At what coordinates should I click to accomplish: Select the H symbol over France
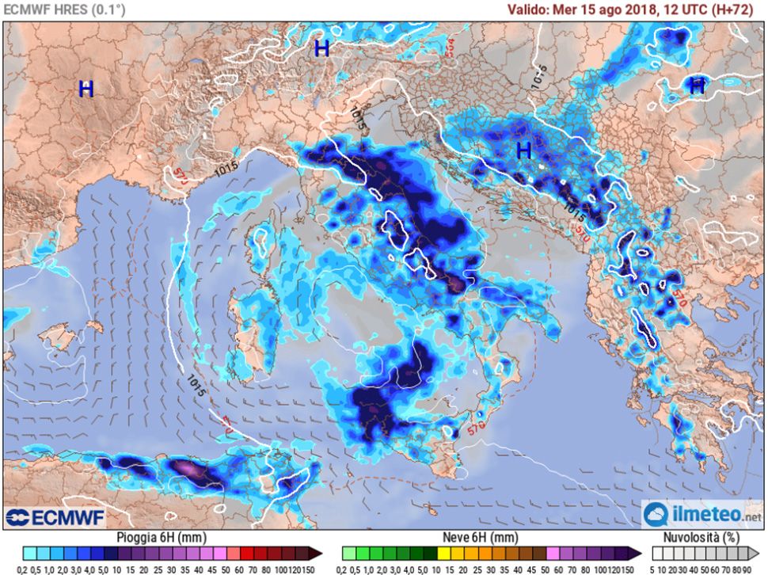click(86, 89)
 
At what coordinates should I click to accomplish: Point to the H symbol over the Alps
click(321, 48)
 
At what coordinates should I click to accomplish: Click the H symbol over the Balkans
click(523, 150)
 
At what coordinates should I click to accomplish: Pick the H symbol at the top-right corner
click(697, 86)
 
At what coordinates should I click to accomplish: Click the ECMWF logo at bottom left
click(47, 517)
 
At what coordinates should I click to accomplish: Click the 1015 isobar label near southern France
click(226, 169)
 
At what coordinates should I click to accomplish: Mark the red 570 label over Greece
click(677, 298)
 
